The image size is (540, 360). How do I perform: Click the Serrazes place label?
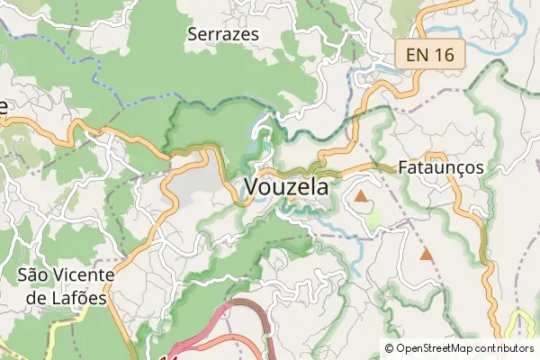tap(223, 34)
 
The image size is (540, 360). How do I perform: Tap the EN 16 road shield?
tap(429, 55)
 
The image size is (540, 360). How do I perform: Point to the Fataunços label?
tap(441, 167)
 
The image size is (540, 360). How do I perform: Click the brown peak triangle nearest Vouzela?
tap(361, 195)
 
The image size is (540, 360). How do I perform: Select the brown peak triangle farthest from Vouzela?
tap(426, 256)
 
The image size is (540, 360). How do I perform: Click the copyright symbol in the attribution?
tap(390, 348)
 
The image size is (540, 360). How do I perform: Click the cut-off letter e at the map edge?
tap(3, 106)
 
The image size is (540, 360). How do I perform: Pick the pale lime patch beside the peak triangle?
tap(373, 217)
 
